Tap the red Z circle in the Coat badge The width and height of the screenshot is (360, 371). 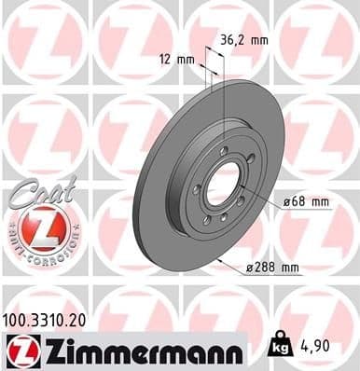point(39,227)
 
